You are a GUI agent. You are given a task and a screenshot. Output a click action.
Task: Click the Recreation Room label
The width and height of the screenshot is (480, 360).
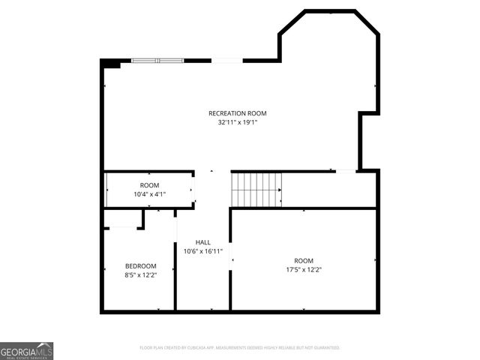(237, 113)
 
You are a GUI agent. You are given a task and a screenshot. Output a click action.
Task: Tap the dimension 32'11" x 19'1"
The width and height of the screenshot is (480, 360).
(237, 122)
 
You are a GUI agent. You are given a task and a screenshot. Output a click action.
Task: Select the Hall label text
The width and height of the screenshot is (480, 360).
(202, 242)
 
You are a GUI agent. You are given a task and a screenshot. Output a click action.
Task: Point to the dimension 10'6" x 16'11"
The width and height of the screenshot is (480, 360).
(202, 251)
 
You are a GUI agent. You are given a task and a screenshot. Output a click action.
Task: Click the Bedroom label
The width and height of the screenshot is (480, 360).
(140, 266)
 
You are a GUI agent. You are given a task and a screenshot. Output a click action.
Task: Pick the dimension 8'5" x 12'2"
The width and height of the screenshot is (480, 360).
(140, 275)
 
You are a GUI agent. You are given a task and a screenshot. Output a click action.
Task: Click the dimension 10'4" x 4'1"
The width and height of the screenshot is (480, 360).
(149, 194)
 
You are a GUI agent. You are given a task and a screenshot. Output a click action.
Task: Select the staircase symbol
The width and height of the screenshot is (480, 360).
(256, 189)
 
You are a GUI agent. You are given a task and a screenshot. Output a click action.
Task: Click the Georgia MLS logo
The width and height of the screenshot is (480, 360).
(27, 350)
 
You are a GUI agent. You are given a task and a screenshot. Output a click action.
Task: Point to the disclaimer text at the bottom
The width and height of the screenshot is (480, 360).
(240, 348)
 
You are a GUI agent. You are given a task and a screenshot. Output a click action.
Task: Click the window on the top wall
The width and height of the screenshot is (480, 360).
(157, 60)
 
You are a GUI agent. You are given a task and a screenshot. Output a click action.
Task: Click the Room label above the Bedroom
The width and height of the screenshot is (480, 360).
(149, 185)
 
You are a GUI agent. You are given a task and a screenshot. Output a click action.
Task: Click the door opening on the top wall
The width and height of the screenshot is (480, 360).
(226, 60)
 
